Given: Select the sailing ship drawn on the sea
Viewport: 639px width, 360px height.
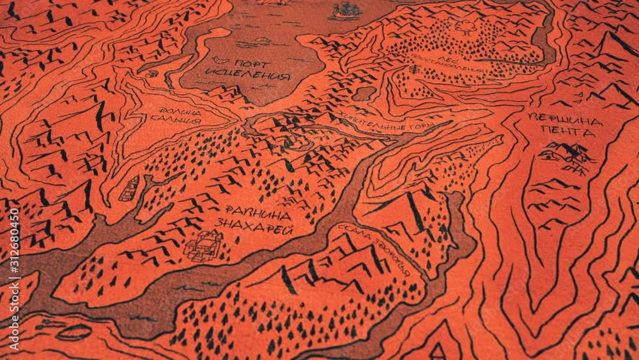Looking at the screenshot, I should (x=346, y=11).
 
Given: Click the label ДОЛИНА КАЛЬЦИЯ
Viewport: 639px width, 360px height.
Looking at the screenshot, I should (x=175, y=115).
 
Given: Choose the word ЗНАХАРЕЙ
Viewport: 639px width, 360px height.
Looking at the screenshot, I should (x=254, y=226).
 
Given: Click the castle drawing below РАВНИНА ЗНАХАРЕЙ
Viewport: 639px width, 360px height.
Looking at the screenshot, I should (x=204, y=244).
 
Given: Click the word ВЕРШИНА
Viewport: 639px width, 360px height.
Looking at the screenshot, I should (x=565, y=120).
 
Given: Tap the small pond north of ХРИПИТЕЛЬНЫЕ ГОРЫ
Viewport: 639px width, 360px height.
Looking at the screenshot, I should (x=364, y=93).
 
